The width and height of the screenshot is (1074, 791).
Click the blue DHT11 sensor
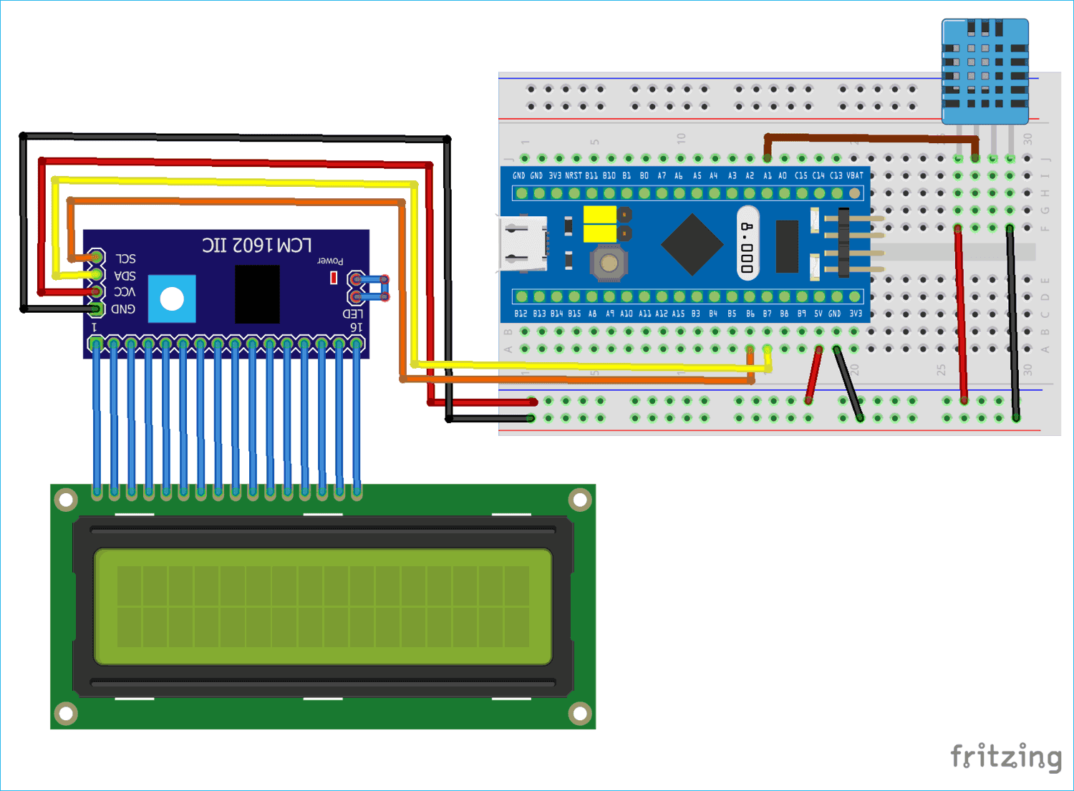pos(985,72)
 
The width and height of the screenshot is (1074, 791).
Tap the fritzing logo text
pos(1005,757)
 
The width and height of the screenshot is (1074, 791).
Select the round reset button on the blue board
pos(609,263)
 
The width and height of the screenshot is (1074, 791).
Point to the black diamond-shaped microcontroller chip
pos(692,244)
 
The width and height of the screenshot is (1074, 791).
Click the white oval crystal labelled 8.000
pos(748,243)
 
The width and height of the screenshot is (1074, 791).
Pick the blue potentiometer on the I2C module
pos(172,299)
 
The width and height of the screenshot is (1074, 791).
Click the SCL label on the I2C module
pos(125,258)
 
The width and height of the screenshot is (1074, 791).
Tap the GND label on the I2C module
pos(123,309)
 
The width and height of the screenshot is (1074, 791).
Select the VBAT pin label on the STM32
pos(855,175)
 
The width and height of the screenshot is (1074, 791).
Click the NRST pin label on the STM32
pos(573,175)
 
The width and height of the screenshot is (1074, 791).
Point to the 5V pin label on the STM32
pos(818,314)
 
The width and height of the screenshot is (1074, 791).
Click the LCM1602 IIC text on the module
pos(256,246)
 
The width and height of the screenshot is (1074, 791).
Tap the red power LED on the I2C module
pos(334,278)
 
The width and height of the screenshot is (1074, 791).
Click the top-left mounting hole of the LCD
pos(66,499)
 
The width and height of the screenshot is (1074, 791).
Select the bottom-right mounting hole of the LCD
pos(579,713)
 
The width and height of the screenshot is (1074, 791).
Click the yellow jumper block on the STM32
pos(600,223)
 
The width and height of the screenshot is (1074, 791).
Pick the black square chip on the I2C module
pos(257,294)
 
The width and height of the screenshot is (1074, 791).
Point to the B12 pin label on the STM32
pos(521,314)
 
